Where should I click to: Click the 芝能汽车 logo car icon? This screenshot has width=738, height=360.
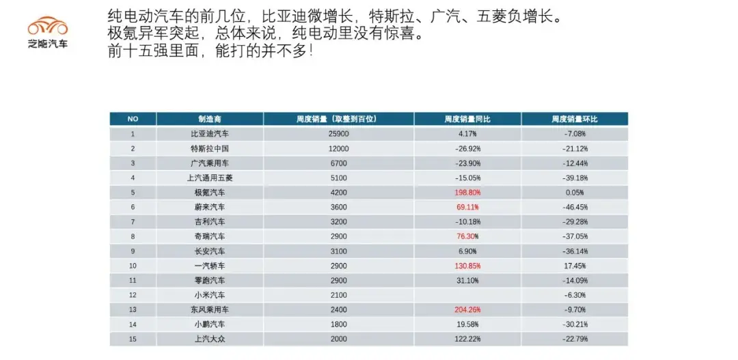(48, 27)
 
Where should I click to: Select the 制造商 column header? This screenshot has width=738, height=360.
(209, 119)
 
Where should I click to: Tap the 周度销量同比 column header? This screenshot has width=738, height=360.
(467, 119)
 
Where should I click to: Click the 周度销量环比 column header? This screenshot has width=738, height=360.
(575, 119)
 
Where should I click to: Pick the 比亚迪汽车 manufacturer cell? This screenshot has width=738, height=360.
(209, 134)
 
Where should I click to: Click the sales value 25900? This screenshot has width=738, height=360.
(338, 134)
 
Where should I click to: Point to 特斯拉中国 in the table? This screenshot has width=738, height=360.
(209, 148)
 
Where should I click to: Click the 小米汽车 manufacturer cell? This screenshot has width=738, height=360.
(209, 295)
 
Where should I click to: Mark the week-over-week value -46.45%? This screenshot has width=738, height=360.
(575, 207)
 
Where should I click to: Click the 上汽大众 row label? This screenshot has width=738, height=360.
(209, 339)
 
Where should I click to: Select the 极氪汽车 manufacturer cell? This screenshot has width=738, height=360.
(209, 193)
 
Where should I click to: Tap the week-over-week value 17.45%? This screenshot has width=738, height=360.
(575, 266)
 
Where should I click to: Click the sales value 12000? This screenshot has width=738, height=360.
(338, 148)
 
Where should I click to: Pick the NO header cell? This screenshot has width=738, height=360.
(133, 119)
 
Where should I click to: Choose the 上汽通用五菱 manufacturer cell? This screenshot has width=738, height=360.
(209, 178)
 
